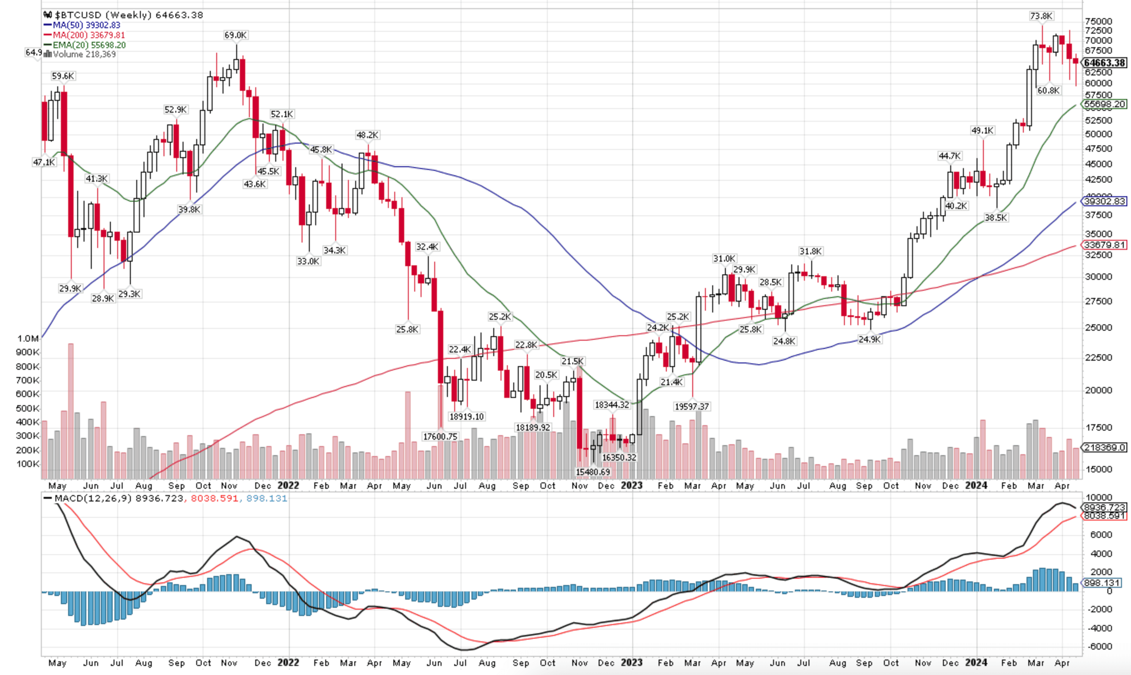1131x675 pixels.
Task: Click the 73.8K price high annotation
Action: [x=1041, y=16]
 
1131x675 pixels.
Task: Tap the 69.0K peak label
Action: [x=236, y=35]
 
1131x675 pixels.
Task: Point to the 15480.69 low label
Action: [x=593, y=472]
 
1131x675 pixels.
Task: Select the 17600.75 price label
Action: [x=440, y=437]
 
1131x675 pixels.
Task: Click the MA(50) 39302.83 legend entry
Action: [x=86, y=25]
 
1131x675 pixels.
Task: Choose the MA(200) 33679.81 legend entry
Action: [x=88, y=35]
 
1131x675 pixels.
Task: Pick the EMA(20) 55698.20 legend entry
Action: [x=89, y=45]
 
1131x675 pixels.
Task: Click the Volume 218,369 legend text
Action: [x=84, y=54]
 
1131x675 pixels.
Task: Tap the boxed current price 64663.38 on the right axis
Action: [x=1105, y=63]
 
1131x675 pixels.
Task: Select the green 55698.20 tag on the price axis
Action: [x=1105, y=104]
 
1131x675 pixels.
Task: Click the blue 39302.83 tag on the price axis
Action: [x=1105, y=201]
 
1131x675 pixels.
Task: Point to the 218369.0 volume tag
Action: [x=1105, y=447]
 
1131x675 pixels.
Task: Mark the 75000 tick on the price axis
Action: [x=1098, y=21]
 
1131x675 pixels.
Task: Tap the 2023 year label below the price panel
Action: [x=632, y=485]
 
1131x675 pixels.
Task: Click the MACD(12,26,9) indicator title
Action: [x=93, y=498]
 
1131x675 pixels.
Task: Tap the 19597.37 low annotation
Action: [x=692, y=406]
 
